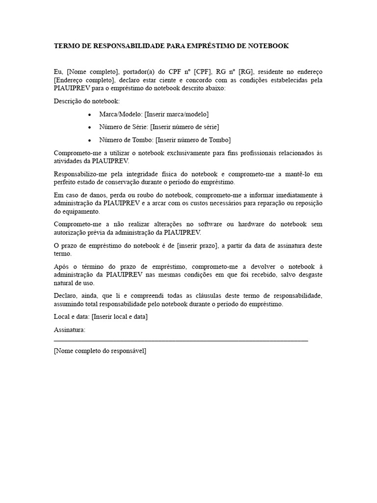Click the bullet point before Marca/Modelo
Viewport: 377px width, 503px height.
(89, 114)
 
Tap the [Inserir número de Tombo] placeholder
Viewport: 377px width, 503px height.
(193, 140)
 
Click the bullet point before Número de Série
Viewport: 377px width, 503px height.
(89, 127)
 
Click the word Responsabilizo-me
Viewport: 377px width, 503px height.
(79, 174)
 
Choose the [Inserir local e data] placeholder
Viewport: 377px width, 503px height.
(120, 317)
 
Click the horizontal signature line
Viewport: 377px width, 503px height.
(181, 340)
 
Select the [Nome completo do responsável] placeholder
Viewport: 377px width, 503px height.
(100, 351)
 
